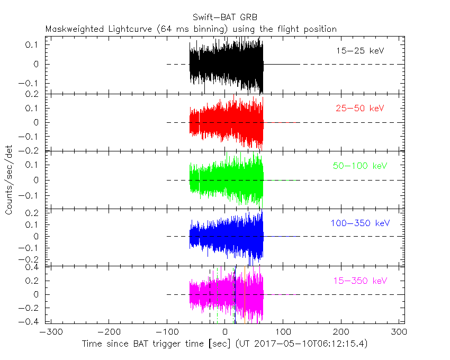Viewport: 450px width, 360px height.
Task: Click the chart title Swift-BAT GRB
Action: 225,17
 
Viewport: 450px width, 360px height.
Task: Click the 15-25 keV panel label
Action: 360,51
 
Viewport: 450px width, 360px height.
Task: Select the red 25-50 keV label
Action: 360,108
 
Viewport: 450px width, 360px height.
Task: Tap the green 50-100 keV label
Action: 360,166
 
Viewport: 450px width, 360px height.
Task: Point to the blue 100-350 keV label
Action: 360,223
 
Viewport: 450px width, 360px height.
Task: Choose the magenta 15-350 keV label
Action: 360,281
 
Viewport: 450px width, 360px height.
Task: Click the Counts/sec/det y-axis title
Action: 9,180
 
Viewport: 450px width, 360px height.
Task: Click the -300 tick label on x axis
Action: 51,332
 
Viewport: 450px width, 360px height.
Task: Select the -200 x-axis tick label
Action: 109,332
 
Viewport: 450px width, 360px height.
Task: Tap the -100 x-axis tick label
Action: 167,332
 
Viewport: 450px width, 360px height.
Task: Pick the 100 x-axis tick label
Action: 283,332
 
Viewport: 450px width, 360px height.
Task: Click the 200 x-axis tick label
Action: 341,332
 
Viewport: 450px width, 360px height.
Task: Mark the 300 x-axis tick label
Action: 399,332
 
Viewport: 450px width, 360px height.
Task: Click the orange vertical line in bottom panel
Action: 245,295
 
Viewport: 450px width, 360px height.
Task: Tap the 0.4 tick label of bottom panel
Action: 32,267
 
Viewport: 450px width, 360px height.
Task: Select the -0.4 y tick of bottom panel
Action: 29,321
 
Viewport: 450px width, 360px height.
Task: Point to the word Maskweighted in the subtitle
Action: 75,29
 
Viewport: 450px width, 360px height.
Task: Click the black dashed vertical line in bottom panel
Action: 210,296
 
